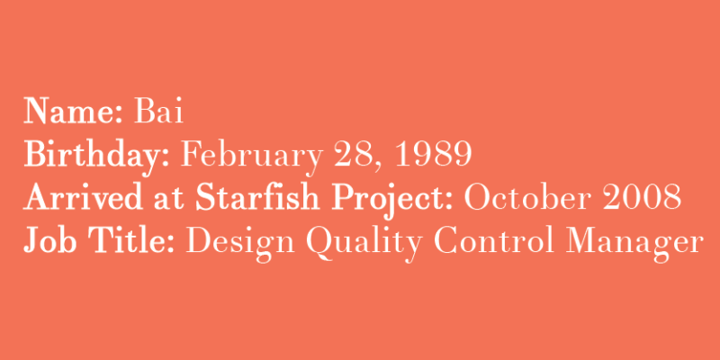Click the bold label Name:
click(73, 111)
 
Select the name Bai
click(159, 111)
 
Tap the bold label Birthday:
click(97, 155)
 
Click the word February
click(252, 155)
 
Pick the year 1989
click(433, 154)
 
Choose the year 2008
click(643, 197)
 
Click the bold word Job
click(50, 240)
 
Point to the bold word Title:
click(131, 240)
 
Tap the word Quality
click(364, 244)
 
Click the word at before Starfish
click(169, 200)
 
